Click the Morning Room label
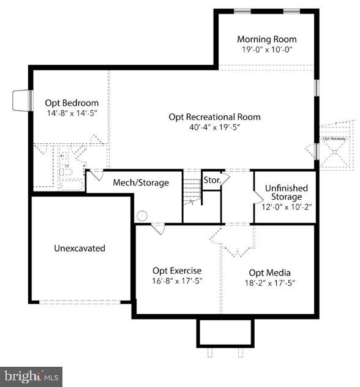point(266,39)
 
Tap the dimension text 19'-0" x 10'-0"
point(266,50)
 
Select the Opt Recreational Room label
point(214,117)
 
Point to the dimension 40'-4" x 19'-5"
point(214,127)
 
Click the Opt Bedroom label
point(72,103)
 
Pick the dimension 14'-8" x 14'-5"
point(72,113)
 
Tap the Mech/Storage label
point(141,182)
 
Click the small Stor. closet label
point(212,181)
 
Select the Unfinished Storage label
point(287,192)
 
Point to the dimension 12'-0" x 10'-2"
point(287,207)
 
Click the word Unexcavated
point(80,248)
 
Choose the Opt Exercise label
point(177,271)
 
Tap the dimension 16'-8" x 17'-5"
point(177,281)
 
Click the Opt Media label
point(269,272)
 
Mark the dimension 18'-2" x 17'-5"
point(269,283)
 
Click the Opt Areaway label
point(334,139)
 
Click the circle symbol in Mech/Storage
point(142,216)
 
